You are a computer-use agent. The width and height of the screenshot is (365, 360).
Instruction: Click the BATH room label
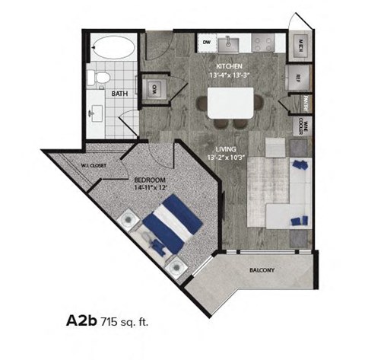click(x=119, y=94)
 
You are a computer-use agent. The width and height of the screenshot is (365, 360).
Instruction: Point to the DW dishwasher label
click(x=206, y=43)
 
